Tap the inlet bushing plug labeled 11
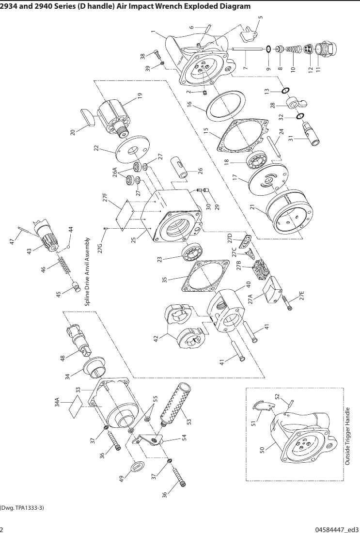[323, 49]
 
